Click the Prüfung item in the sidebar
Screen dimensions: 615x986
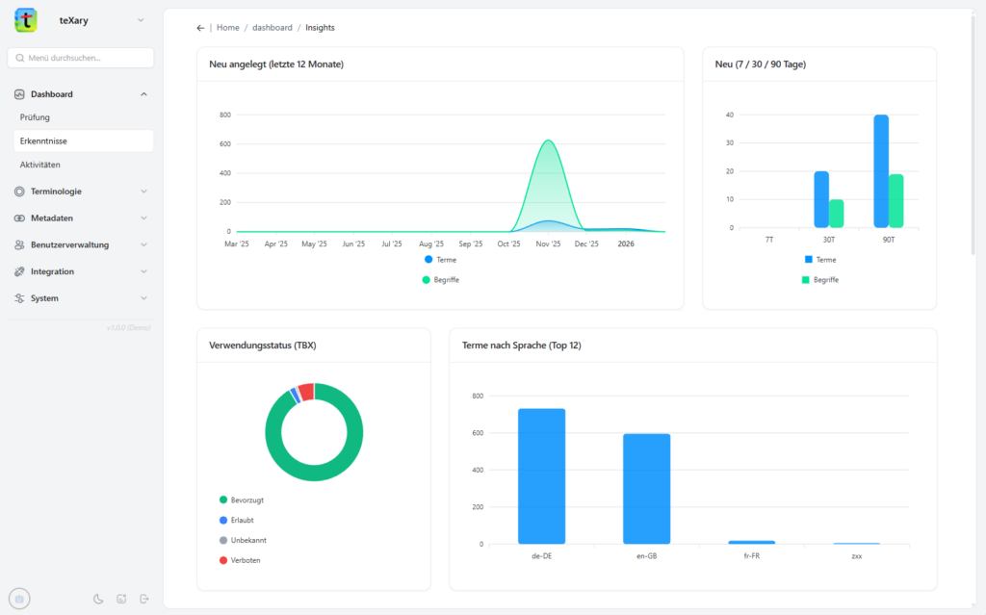point(35,117)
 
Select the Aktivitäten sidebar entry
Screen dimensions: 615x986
point(39,165)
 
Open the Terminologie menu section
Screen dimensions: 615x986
point(56,192)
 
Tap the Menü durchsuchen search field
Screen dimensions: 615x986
point(81,58)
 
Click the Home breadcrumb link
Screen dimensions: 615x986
point(228,28)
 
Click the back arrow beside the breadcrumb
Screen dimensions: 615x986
point(200,28)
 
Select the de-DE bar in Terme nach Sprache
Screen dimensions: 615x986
point(541,476)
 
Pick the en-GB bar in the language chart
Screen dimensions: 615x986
point(646,489)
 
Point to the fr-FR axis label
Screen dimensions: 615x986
point(751,556)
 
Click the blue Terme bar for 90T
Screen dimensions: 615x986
point(881,171)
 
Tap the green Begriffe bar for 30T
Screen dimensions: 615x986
point(837,214)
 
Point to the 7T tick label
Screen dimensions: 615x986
point(769,239)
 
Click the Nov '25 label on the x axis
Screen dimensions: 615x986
point(548,244)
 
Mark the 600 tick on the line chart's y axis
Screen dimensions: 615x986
point(225,144)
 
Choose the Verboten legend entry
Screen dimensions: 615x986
point(245,560)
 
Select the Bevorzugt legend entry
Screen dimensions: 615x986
point(247,500)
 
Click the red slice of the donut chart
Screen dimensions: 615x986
point(306,391)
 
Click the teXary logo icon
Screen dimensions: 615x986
point(26,19)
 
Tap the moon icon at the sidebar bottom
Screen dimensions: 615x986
point(98,599)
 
